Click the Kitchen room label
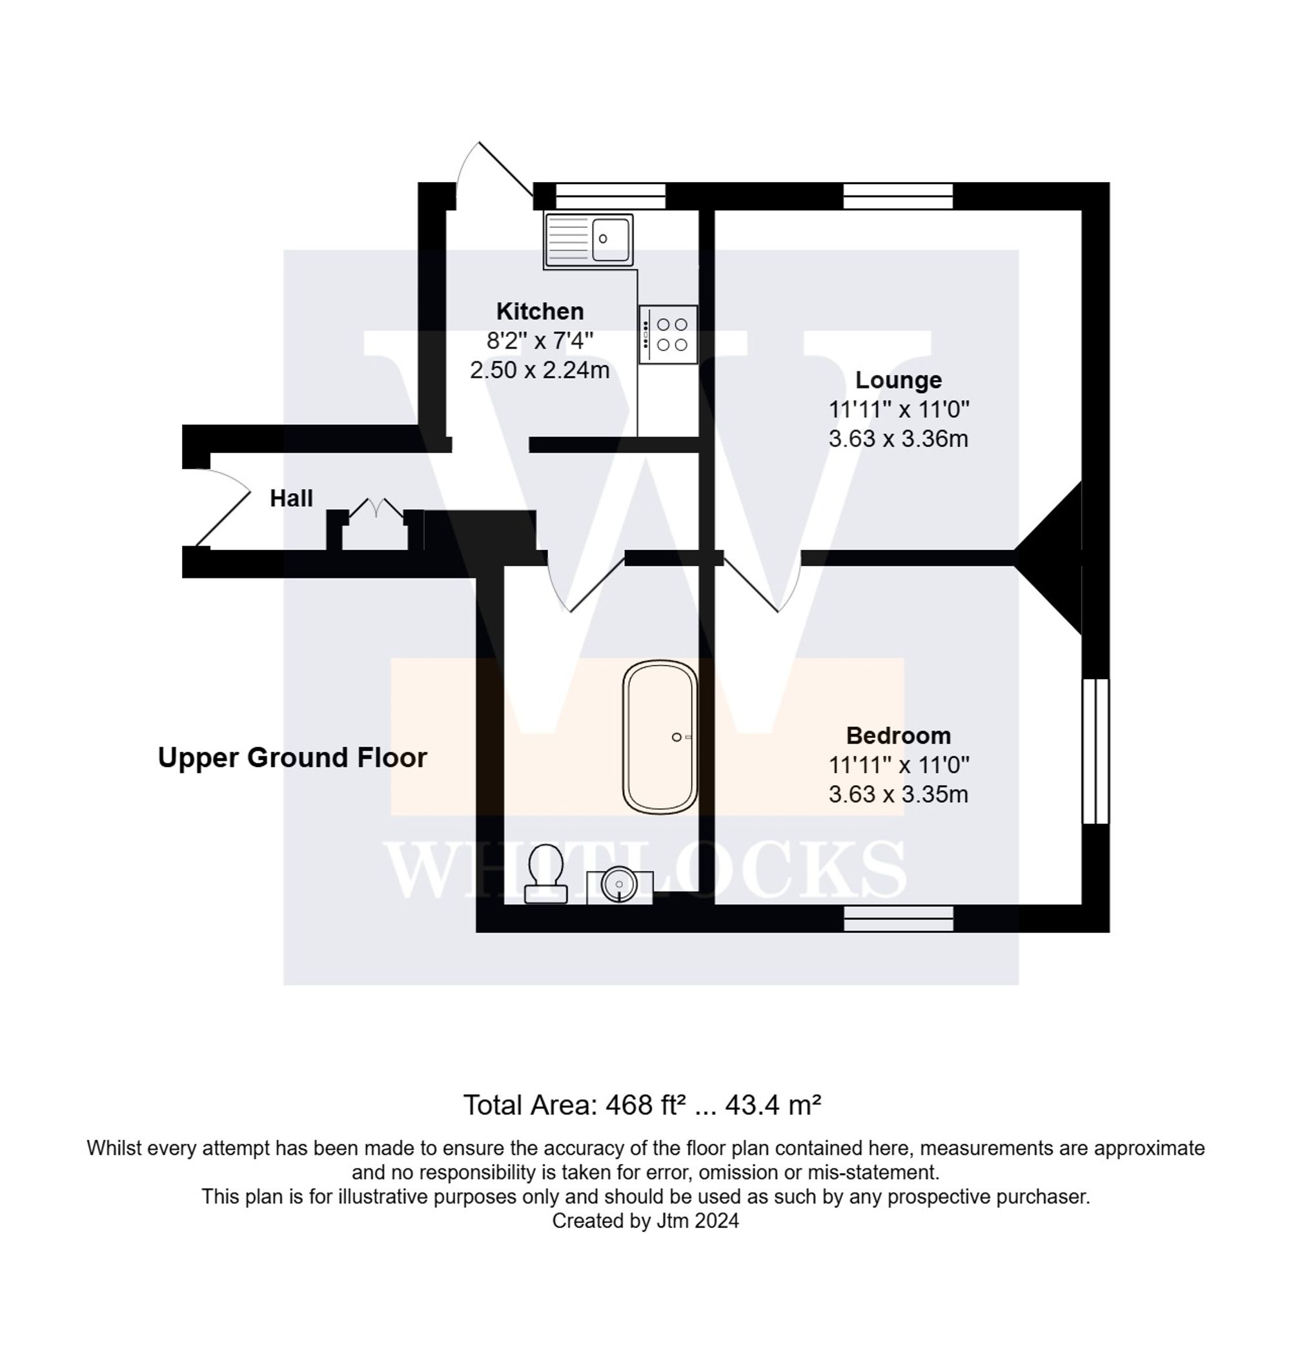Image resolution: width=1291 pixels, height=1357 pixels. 540,311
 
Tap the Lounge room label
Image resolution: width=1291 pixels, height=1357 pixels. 898,380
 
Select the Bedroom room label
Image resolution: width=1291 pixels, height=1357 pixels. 898,735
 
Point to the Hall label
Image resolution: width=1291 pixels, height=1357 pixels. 291,498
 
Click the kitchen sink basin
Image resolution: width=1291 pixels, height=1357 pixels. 610,240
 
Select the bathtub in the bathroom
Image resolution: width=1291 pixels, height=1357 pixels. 660,737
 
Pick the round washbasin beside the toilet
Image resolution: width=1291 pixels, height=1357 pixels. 618,884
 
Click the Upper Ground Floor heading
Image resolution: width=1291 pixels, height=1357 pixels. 292,758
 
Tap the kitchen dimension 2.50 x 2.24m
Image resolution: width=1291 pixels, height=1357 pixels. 540,370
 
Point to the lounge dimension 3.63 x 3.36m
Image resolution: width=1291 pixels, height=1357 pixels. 898,438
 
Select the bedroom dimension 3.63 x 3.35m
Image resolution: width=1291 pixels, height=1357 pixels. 898,794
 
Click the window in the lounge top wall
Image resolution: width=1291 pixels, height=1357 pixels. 898,196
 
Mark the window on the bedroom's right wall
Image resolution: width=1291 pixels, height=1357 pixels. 1095,751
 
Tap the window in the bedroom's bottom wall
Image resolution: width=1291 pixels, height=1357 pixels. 898,918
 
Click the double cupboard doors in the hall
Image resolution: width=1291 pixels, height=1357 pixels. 376,511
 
